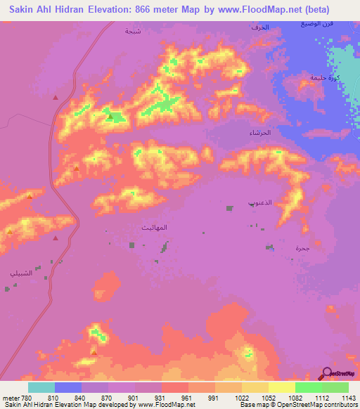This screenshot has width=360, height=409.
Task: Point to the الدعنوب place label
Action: tap(262, 201)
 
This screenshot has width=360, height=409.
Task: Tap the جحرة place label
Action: tap(302, 249)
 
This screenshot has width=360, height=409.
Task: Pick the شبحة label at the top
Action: tap(131, 31)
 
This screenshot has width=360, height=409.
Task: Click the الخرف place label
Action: tap(259, 27)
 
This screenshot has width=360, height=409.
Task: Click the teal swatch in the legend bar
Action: tap(41, 387)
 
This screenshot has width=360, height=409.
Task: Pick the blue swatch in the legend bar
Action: tap(68, 387)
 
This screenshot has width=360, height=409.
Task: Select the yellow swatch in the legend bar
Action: tap(281, 387)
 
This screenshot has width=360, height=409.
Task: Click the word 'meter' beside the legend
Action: tap(9, 397)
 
